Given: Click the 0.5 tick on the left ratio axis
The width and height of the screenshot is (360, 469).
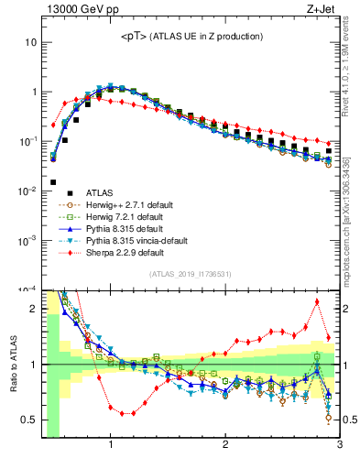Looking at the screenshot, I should click(27, 420).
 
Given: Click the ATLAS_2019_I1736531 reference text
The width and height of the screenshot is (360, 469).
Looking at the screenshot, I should click(191, 274).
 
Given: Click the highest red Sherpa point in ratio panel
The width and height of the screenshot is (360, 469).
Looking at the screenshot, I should click(317, 301).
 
